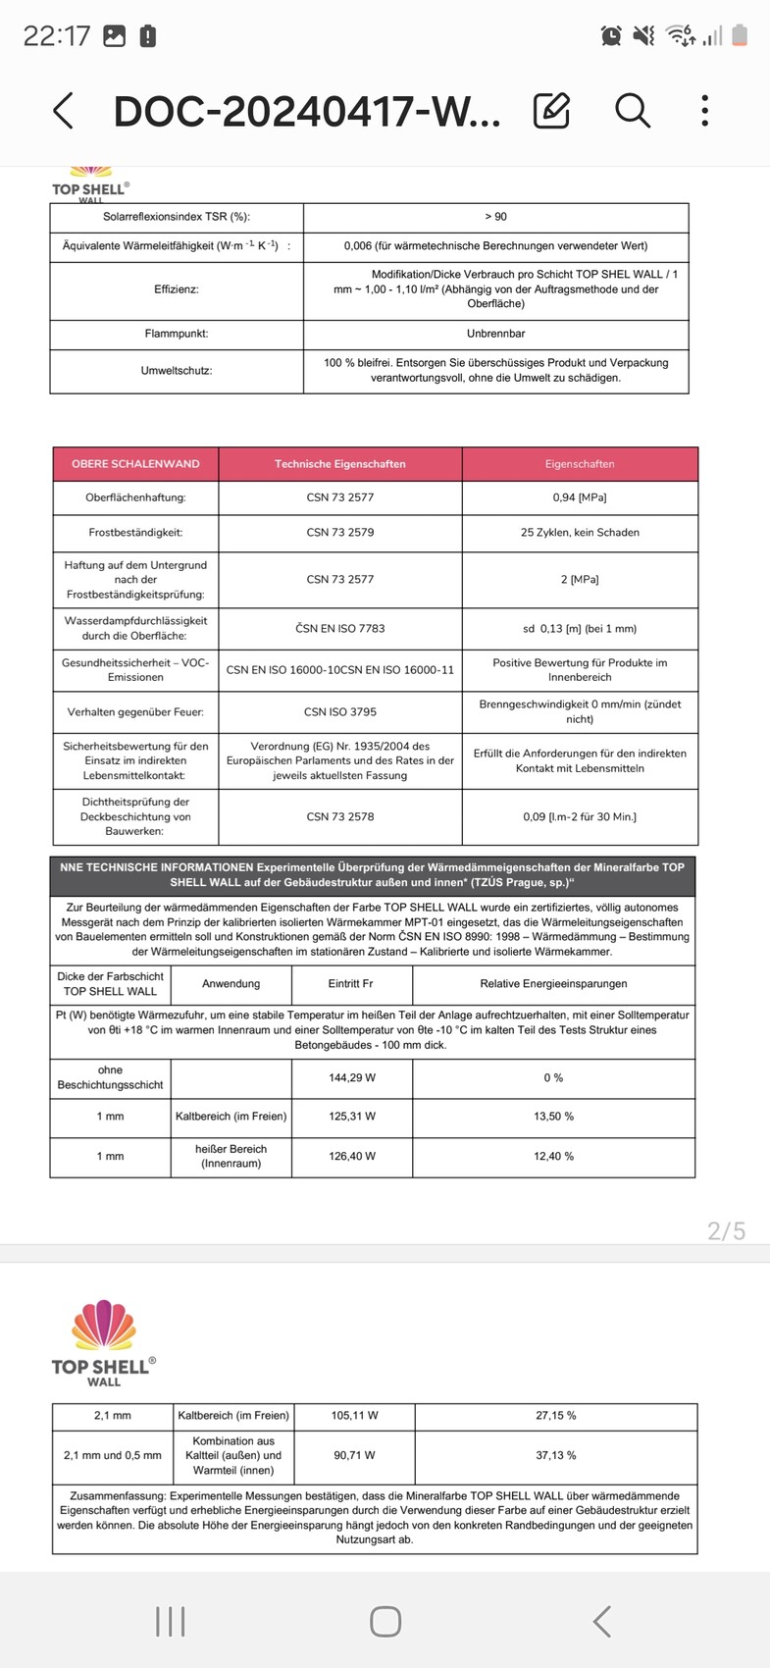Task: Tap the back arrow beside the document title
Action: [x=63, y=111]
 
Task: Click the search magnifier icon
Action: [x=633, y=111]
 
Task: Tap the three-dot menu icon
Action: [x=704, y=111]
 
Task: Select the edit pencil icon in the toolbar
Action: [x=551, y=111]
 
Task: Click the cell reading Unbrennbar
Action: [x=495, y=334]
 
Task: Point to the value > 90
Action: [x=495, y=217]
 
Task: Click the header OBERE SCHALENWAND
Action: [x=135, y=464]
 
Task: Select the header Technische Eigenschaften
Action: [x=339, y=464]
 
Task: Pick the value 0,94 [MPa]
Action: [x=579, y=497]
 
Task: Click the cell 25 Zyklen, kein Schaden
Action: [x=580, y=533]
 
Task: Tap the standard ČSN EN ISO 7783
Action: [x=339, y=628]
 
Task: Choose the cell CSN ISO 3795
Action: [x=340, y=712]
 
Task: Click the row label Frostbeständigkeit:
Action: [x=135, y=533]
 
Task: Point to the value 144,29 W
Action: [x=352, y=1077]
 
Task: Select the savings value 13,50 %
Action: [x=553, y=1117]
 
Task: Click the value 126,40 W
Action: [x=352, y=1156]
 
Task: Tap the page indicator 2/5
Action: [x=726, y=1230]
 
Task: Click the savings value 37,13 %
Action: [x=555, y=1455]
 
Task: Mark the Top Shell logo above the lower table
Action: [x=103, y=1341]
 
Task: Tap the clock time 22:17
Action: [x=56, y=36]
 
